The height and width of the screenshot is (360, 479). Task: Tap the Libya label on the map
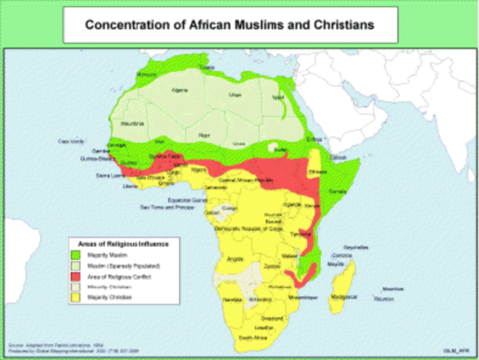pos(235,95)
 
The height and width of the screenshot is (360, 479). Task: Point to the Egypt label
pos(278,97)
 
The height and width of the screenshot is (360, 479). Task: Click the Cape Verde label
pos(69,140)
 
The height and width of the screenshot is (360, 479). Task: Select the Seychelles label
pos(355,247)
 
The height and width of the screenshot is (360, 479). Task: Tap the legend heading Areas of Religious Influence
pos(123,244)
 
